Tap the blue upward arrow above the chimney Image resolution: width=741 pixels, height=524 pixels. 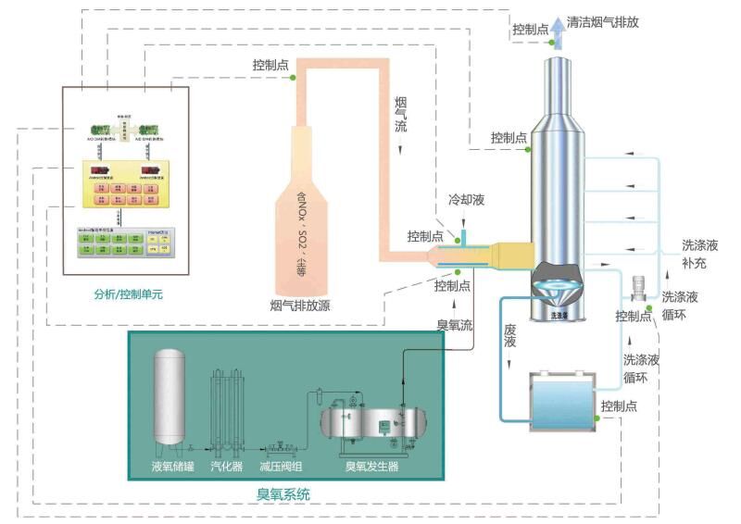pyautogui.click(x=559, y=31)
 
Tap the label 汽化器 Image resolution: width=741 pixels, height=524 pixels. pyautogui.click(x=227, y=466)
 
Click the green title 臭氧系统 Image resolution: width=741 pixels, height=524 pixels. pyautogui.click(x=283, y=495)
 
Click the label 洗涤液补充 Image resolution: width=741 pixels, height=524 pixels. pyautogui.click(x=700, y=254)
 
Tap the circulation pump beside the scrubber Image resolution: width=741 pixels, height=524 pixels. pyautogui.click(x=637, y=288)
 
